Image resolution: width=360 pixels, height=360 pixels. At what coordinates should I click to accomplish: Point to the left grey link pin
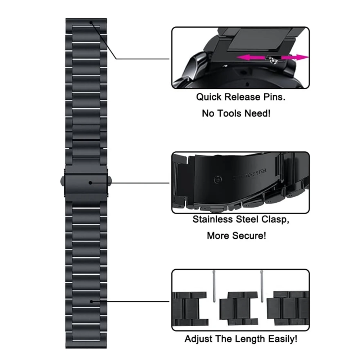click(214, 285)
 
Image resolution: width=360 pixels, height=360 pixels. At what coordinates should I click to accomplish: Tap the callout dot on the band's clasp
click(91, 183)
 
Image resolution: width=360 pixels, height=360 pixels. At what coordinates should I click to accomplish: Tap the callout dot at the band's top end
click(91, 22)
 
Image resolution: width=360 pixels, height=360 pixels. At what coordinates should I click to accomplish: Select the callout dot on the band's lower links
click(91, 301)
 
